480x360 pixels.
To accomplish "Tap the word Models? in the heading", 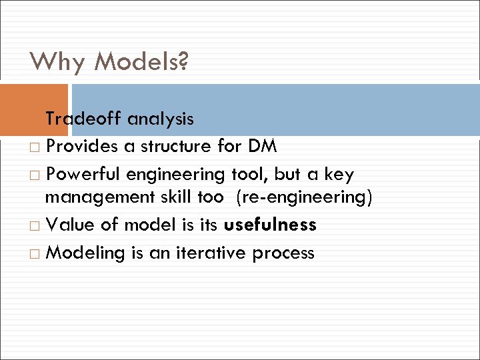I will point(141,63).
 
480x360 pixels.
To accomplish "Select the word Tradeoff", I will point(83,119).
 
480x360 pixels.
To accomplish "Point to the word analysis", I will point(161,119).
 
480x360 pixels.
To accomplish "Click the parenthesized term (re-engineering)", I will point(304,198).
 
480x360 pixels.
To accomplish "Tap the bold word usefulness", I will point(270,225).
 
